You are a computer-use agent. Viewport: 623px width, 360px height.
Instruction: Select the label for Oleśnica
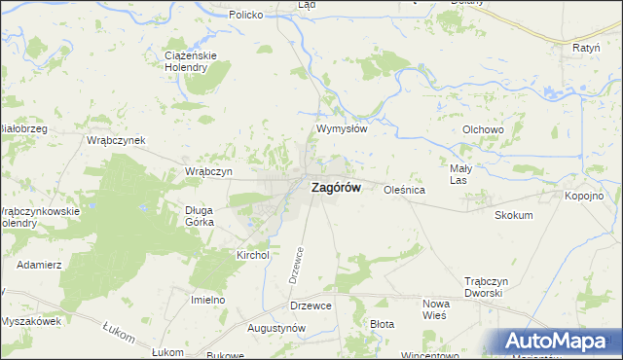pyautogui.click(x=404, y=191)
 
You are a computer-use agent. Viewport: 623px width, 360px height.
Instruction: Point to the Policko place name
pyautogui.click(x=246, y=16)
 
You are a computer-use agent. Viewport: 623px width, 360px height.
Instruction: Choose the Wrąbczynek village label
pyautogui.click(x=116, y=140)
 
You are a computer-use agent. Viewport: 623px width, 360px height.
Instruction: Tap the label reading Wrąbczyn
pyautogui.click(x=207, y=171)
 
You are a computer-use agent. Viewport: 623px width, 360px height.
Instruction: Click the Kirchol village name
pyautogui.click(x=252, y=255)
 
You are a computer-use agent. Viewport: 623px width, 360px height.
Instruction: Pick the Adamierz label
pyautogui.click(x=39, y=265)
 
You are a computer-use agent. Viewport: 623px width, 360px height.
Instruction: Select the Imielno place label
pyautogui.click(x=207, y=300)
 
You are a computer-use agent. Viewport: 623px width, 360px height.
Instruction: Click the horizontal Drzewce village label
pyautogui.click(x=311, y=306)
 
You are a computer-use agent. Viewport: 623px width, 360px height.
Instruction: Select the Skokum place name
pyautogui.click(x=514, y=215)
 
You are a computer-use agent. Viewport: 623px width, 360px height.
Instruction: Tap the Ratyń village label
pyautogui.click(x=586, y=47)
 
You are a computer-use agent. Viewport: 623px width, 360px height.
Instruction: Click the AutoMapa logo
pyautogui.click(x=559, y=341)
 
